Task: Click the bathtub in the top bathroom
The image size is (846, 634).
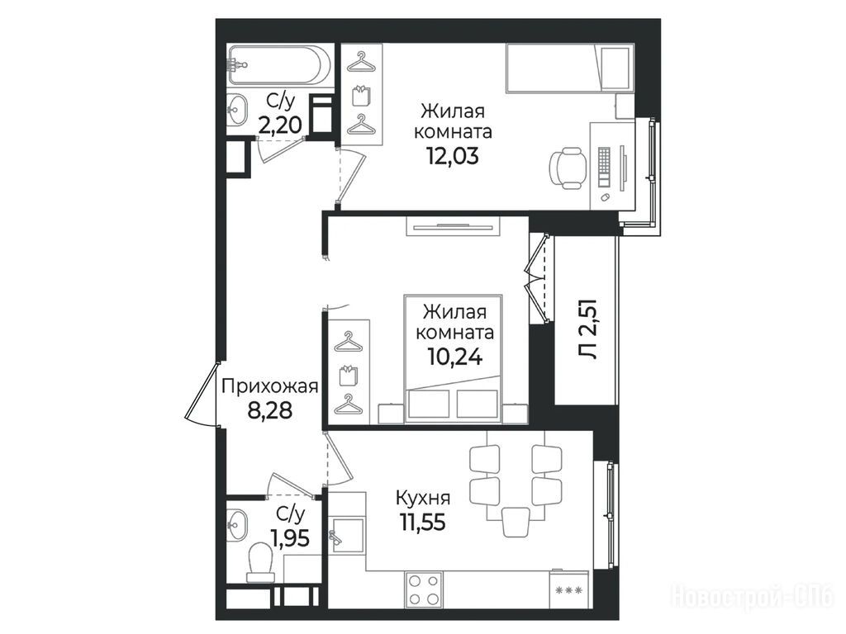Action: pyautogui.click(x=277, y=64)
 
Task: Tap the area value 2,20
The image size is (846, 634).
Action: pyautogui.click(x=279, y=126)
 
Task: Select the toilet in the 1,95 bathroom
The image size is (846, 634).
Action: pyautogui.click(x=259, y=561)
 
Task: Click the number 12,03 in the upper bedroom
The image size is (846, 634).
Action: pyautogui.click(x=453, y=156)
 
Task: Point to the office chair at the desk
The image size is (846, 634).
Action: pyautogui.click(x=568, y=168)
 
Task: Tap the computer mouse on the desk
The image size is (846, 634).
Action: pyautogui.click(x=606, y=197)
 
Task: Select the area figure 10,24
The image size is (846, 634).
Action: pyautogui.click(x=455, y=356)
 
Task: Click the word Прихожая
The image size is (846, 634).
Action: pyautogui.click(x=270, y=386)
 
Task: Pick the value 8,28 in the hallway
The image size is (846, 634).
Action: pyautogui.click(x=270, y=411)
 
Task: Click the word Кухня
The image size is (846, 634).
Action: pyautogui.click(x=423, y=498)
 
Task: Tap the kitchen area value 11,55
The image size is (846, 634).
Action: pyautogui.click(x=423, y=522)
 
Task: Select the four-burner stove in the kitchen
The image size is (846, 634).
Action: pyautogui.click(x=424, y=589)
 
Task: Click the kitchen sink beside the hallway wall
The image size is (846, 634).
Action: pyautogui.click(x=347, y=535)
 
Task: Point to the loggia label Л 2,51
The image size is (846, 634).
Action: pyautogui.click(x=587, y=329)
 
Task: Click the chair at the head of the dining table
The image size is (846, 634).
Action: pyautogui.click(x=516, y=523)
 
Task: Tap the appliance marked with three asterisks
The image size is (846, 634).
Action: pyautogui.click(x=571, y=589)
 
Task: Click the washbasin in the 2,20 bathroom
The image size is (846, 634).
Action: pyautogui.click(x=236, y=110)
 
